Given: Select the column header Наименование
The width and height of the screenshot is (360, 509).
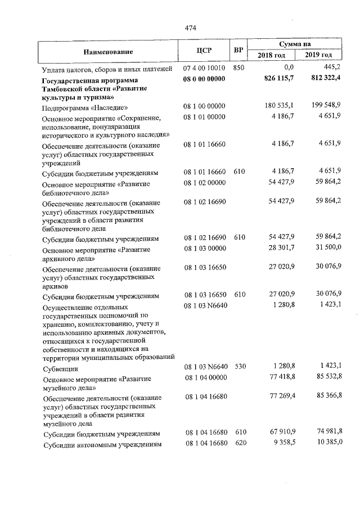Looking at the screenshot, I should pos(108,52).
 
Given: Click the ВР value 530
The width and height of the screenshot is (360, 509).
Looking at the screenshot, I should pos(239,367).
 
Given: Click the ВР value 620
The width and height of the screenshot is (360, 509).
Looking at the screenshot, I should pos(239,444).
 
